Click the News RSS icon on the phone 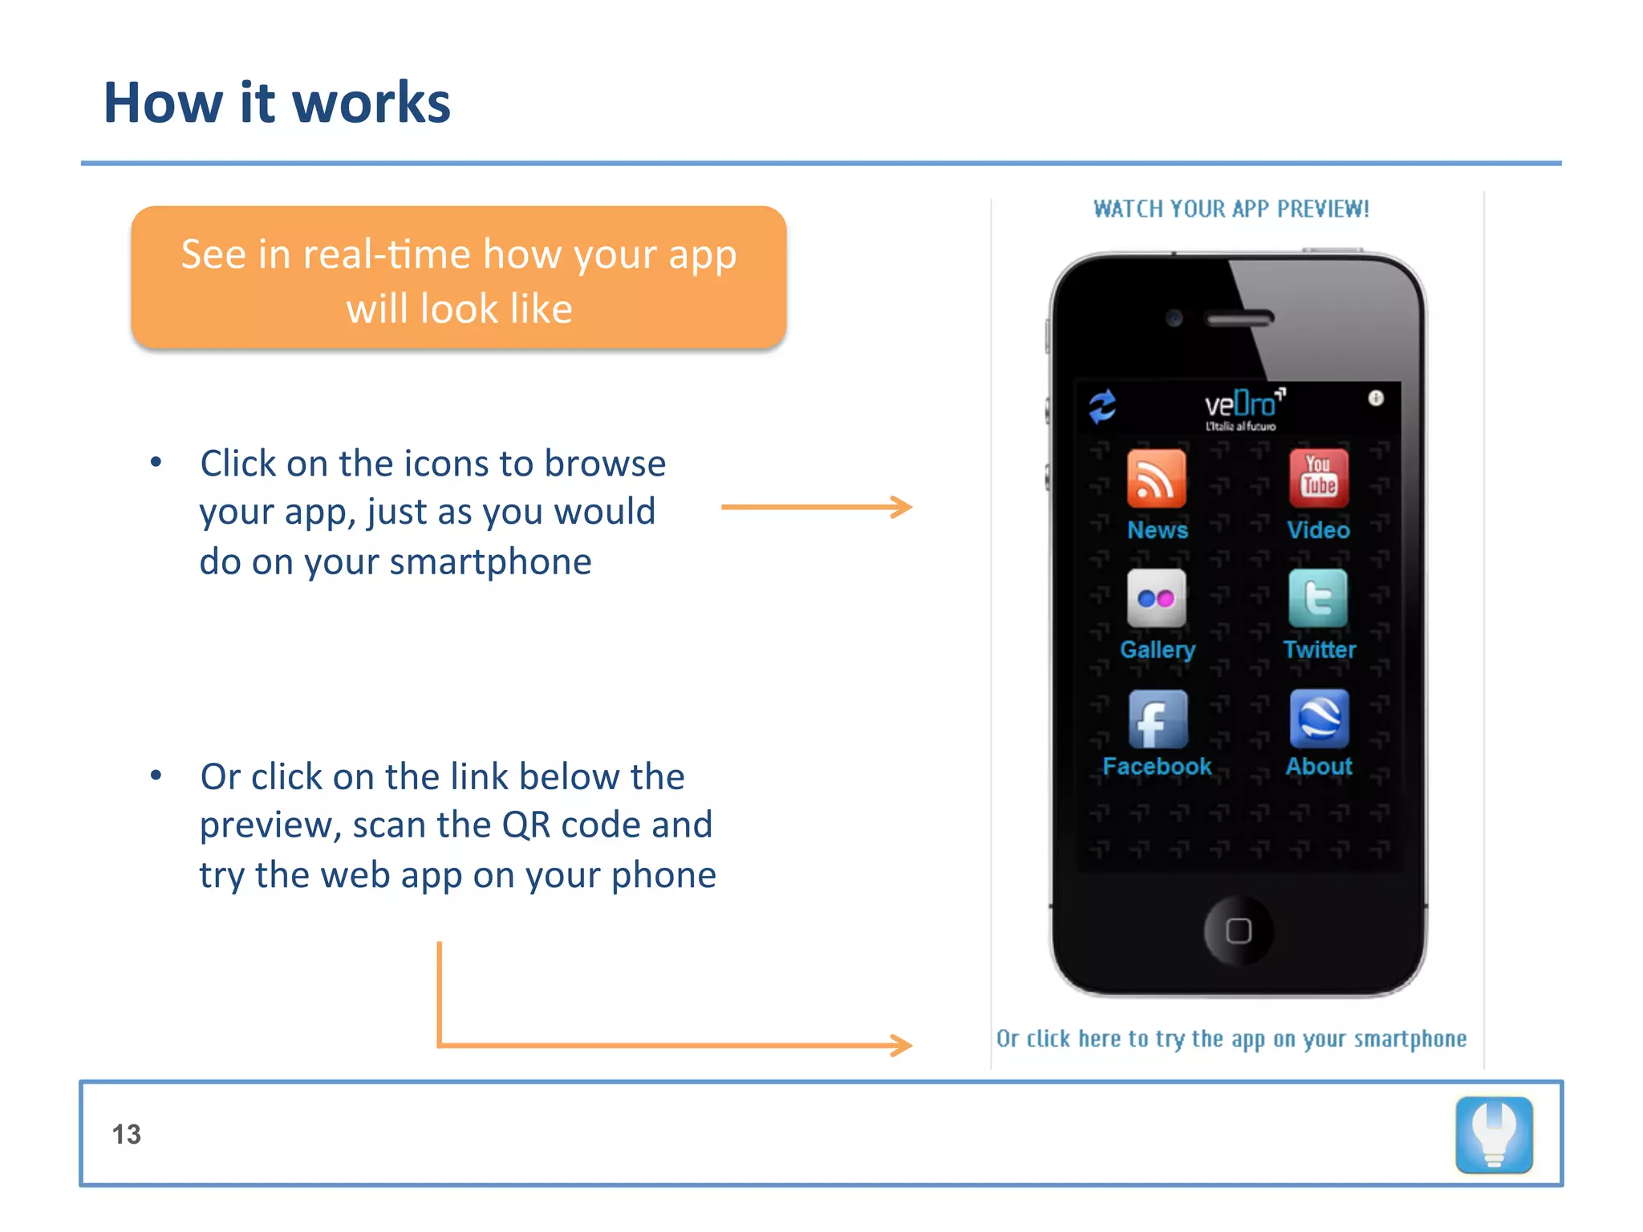point(1156,478)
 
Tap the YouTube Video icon point(1319,478)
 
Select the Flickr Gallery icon point(1156,598)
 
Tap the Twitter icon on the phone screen point(1318,598)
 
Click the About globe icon point(1319,719)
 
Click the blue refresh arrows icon point(1102,406)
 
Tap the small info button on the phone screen point(1376,398)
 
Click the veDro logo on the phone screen point(1242,407)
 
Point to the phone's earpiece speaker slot point(1240,319)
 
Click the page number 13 point(127,1134)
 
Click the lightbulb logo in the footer point(1494,1134)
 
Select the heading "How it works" point(277,103)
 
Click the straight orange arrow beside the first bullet point(816,507)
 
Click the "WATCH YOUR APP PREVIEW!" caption point(1231,209)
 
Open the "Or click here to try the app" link point(1231,1039)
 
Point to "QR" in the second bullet point(526,825)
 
